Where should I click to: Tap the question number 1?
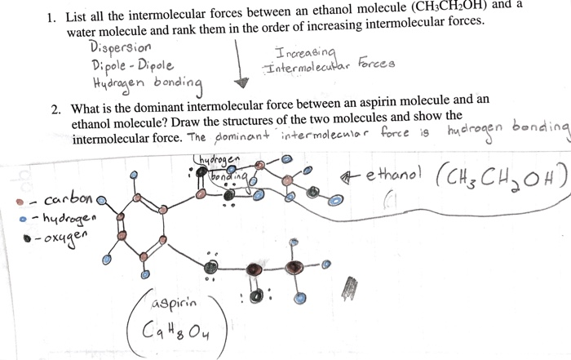50,16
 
